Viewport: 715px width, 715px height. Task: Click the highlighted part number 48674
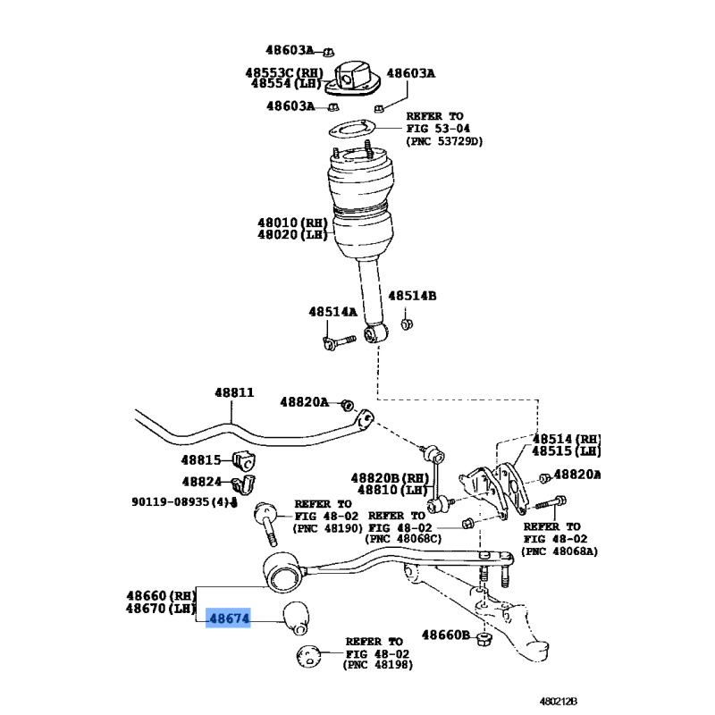[230, 618]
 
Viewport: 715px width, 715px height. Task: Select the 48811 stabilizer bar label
[234, 392]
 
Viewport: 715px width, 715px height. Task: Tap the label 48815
[200, 459]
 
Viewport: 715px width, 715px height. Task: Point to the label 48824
[202, 482]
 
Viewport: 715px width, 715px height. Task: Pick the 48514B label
[412, 296]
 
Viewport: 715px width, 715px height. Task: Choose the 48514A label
[332, 311]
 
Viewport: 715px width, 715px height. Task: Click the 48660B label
[445, 635]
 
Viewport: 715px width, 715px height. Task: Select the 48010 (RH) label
[293, 223]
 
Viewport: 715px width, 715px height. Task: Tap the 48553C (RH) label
[284, 72]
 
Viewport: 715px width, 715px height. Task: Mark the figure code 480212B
[559, 702]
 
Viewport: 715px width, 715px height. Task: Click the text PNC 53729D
[444, 141]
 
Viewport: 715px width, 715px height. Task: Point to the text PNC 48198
[378, 665]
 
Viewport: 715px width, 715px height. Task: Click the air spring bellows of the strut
[360, 206]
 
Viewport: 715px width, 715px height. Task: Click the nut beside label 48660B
[484, 638]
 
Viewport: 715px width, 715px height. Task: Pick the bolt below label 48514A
[339, 342]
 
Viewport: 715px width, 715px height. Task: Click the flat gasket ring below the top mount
[351, 129]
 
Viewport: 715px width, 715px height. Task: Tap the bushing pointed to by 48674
[296, 618]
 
